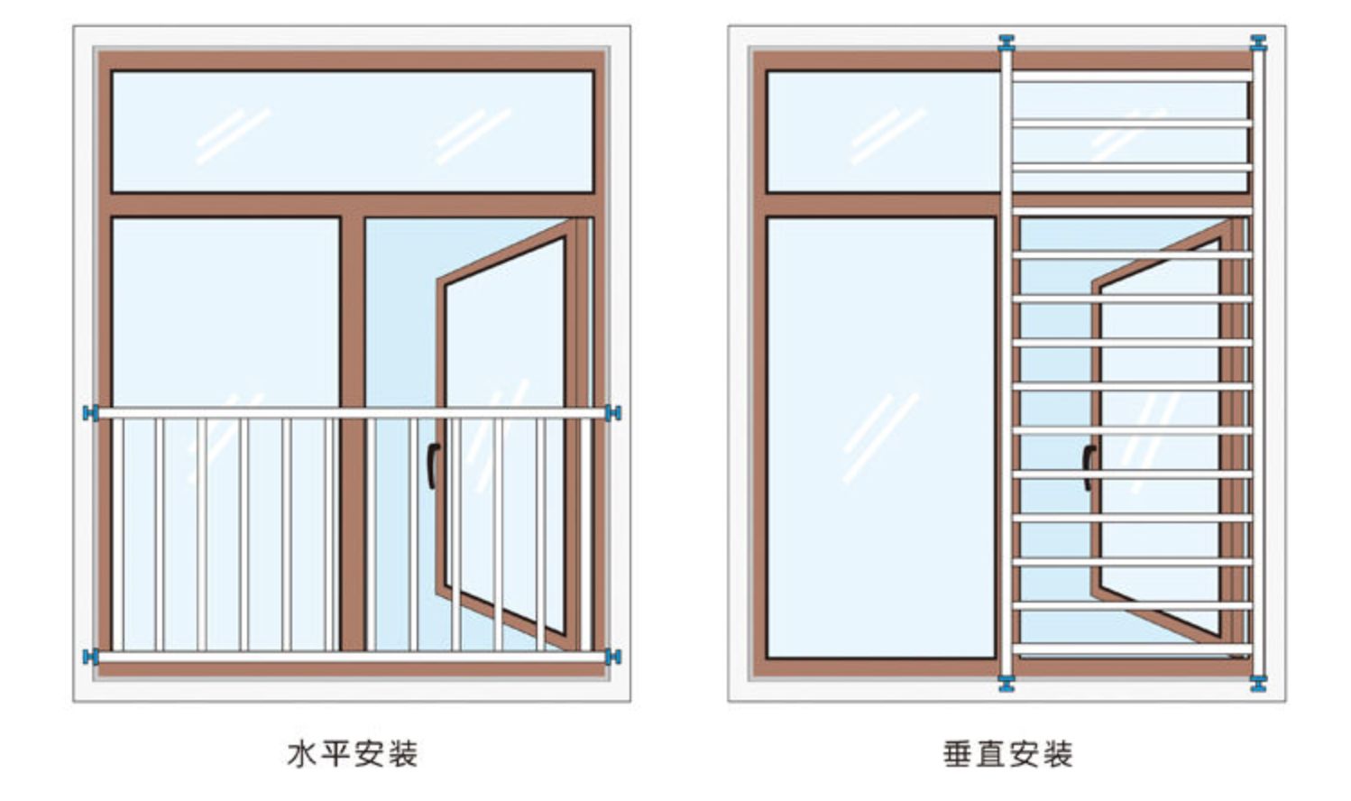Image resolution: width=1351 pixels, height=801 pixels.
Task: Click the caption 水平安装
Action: tap(352, 753)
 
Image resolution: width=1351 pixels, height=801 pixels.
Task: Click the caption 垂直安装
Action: tap(1007, 753)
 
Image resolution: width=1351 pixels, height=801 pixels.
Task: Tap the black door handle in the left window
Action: tap(432, 465)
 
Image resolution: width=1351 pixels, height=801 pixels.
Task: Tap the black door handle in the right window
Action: tap(1088, 467)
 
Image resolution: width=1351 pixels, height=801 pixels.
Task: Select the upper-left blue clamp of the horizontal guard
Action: tap(89, 413)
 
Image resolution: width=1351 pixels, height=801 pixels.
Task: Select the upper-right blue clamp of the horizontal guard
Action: tap(613, 413)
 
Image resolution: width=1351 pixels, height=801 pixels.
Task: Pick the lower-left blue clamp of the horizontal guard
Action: tap(89, 656)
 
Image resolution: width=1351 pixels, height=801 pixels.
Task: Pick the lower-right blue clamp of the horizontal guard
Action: tap(613, 656)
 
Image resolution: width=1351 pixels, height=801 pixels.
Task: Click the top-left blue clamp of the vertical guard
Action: tap(1006, 42)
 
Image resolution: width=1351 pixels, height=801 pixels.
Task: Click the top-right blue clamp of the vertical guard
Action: tap(1257, 42)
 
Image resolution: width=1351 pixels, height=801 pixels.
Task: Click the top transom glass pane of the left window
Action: tap(352, 131)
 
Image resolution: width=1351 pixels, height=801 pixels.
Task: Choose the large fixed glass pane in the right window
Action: tap(881, 437)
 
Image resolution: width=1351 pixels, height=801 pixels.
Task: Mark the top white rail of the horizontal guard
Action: tap(352, 413)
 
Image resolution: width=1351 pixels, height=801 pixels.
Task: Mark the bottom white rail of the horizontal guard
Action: tap(352, 657)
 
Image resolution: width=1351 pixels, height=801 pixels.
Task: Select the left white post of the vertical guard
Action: tap(1006, 361)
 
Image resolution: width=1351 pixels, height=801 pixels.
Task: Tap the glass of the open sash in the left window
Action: tap(505, 361)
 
